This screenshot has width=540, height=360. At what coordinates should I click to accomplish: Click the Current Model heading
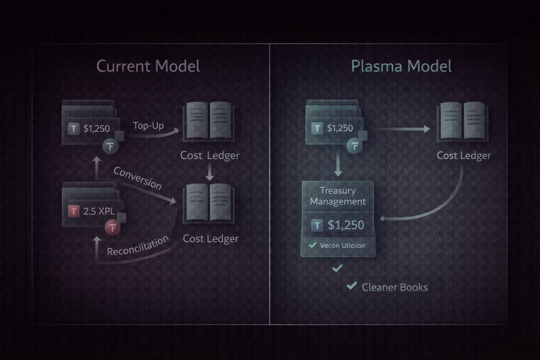point(148,66)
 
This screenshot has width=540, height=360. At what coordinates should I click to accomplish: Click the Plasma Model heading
point(401,66)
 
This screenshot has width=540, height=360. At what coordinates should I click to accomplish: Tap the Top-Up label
point(148,125)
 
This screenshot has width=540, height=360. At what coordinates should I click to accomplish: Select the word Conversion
point(137,178)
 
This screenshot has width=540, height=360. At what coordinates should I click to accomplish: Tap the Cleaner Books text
point(395,287)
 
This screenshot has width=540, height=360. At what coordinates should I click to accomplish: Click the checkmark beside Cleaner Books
point(352,286)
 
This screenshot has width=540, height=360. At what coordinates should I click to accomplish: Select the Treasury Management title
point(338,196)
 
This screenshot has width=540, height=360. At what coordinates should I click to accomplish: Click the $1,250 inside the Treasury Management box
point(346,225)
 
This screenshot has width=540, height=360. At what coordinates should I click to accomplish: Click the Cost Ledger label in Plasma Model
point(464,156)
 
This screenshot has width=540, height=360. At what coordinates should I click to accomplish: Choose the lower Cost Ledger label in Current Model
point(210,239)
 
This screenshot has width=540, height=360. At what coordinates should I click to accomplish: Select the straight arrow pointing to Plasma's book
point(404,129)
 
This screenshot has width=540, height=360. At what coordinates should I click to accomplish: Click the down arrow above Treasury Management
point(338,166)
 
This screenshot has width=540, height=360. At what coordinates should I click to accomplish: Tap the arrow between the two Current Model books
point(210,173)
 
